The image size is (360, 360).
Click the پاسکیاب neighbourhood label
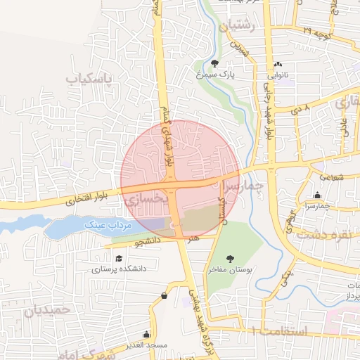point(89,79)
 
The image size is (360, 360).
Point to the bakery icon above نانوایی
point(278,63)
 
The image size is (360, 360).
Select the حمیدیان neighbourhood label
point(48,309)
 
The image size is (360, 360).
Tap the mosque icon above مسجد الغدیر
point(146,334)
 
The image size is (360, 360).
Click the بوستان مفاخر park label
point(230,269)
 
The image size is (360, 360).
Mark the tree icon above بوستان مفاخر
point(230,259)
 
